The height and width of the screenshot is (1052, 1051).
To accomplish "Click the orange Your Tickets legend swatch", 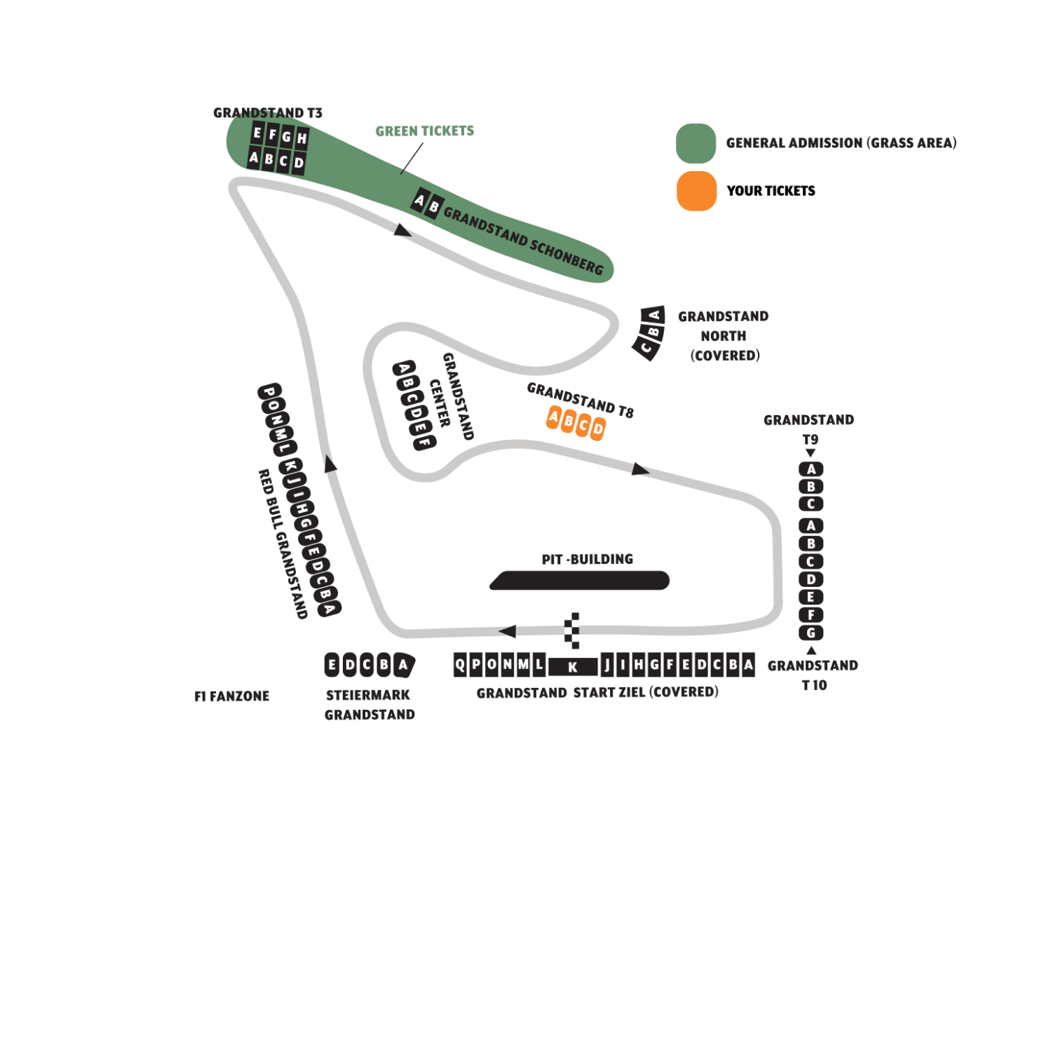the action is pos(696,191).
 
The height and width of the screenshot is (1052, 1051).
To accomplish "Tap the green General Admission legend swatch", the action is pos(696,143).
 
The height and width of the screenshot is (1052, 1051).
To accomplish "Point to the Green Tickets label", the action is pos(425,131).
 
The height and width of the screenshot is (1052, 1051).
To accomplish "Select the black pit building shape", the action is pos(580,581).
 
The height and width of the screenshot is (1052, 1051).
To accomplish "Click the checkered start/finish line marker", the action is pos(572,630).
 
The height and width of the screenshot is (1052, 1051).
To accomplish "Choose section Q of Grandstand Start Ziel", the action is pos(460,664).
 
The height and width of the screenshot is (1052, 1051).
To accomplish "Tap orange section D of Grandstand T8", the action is pos(597,428).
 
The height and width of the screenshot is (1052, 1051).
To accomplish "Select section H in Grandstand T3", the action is pos(301,138).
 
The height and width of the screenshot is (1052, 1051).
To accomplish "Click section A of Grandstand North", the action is pos(654,314).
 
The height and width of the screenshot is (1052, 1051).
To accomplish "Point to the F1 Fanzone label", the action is pos(232,696).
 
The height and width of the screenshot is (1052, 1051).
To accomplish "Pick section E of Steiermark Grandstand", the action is pos(332,665).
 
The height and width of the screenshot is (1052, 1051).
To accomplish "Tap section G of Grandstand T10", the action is pos(811,633).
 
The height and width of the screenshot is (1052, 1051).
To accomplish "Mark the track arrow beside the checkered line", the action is pos(507,631).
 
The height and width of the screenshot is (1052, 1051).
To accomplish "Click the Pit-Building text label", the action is pos(588,559).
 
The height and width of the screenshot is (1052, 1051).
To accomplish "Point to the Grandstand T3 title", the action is pos(268,113).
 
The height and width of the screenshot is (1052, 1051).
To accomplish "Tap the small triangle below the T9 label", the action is pos(811,453).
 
